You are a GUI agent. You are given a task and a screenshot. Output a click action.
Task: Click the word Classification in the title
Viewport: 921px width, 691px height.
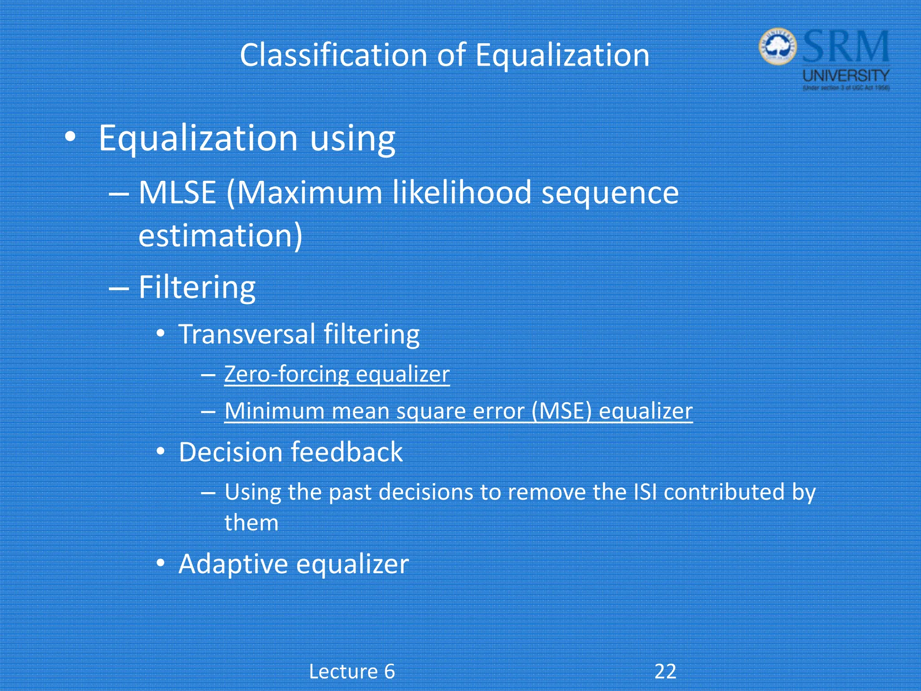[x=333, y=55]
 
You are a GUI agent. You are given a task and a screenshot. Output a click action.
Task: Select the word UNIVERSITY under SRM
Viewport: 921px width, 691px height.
[x=846, y=75]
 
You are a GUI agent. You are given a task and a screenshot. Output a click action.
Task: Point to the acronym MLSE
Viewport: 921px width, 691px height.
[x=177, y=193]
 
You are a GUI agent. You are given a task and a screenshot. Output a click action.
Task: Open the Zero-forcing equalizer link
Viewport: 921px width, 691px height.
[x=337, y=374]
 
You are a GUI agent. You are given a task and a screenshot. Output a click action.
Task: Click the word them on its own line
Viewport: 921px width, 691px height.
[x=251, y=523]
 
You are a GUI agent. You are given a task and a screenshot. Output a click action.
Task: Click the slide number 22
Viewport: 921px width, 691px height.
[x=665, y=671]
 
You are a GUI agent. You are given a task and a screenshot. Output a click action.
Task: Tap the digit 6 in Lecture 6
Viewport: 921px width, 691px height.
[x=389, y=672]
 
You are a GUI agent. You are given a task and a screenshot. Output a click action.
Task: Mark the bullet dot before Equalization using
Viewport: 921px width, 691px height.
[x=70, y=137]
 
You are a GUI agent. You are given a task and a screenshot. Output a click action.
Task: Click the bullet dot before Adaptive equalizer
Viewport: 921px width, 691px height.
[x=161, y=563]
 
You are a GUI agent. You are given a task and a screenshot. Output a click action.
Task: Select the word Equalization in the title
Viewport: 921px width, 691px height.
[x=562, y=55]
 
